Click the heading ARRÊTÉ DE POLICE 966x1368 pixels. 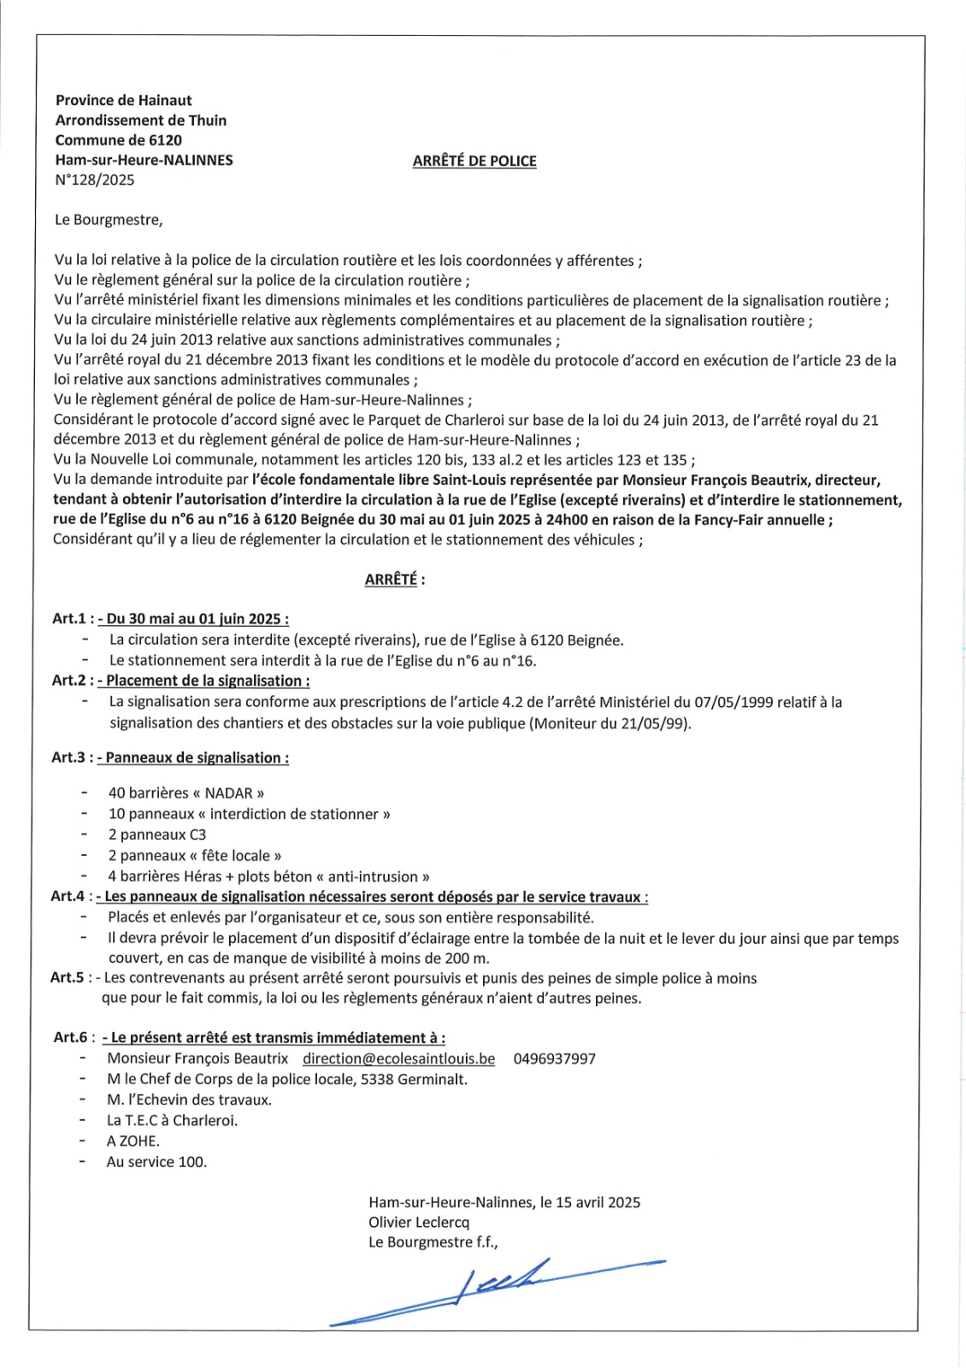tap(474, 161)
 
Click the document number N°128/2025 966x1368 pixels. tap(95, 180)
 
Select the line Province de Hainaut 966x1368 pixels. tap(124, 100)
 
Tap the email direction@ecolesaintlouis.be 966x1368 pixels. tap(398, 1058)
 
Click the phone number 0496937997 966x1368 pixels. tap(554, 1058)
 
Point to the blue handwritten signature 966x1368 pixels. tap(496, 1288)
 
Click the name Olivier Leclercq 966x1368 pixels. tap(419, 1222)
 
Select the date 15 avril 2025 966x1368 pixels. tap(598, 1202)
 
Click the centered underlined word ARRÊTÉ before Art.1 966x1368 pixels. tap(391, 580)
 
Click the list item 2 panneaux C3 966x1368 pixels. tap(157, 834)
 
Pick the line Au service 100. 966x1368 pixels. tap(156, 1161)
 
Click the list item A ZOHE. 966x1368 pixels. tap(133, 1141)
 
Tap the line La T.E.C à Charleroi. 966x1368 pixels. tap(172, 1120)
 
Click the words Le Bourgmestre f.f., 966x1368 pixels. tap(433, 1242)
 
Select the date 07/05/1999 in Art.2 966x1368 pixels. tap(733, 702)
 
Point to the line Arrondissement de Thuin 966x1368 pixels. tap(141, 121)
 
